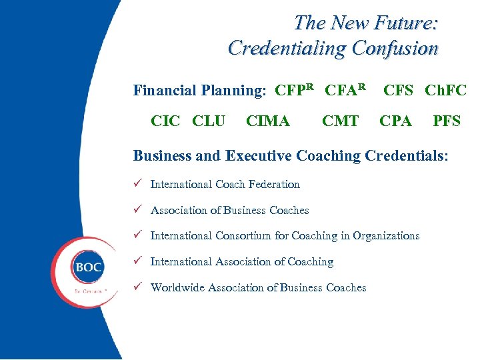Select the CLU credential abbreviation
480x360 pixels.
tap(208, 121)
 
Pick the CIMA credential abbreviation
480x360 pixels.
tap(268, 121)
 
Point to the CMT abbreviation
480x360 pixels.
tap(340, 121)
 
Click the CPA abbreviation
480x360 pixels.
tap(395, 121)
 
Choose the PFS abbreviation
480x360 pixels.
tap(447, 121)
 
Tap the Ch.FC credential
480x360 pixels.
tap(445, 90)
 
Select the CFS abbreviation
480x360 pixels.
tap(399, 90)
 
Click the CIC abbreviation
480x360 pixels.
tap(166, 121)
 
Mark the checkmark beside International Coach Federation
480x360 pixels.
tap(137, 184)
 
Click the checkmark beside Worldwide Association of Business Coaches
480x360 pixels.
tap(137, 287)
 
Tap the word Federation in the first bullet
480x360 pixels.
tap(273, 185)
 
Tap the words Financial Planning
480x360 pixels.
tap(197, 91)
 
